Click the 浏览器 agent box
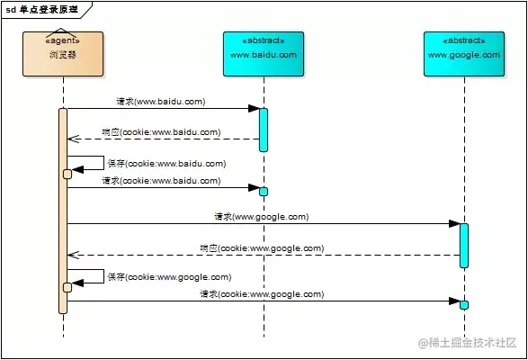tap(63, 54)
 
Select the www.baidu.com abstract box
tap(264, 54)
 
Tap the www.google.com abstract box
tap(464, 54)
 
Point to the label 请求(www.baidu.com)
tap(160, 102)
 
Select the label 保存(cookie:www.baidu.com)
tap(166, 164)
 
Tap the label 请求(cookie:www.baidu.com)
tap(160, 181)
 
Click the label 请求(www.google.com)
tap(262, 216)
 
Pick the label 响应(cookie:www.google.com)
tap(262, 247)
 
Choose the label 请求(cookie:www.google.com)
tap(262, 294)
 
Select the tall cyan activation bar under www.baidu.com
tap(264, 130)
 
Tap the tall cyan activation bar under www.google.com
tap(464, 245)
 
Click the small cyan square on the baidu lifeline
tap(264, 191)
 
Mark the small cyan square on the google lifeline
tap(464, 304)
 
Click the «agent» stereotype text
tap(63, 40)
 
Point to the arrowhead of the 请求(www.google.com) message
tap(454, 223)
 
